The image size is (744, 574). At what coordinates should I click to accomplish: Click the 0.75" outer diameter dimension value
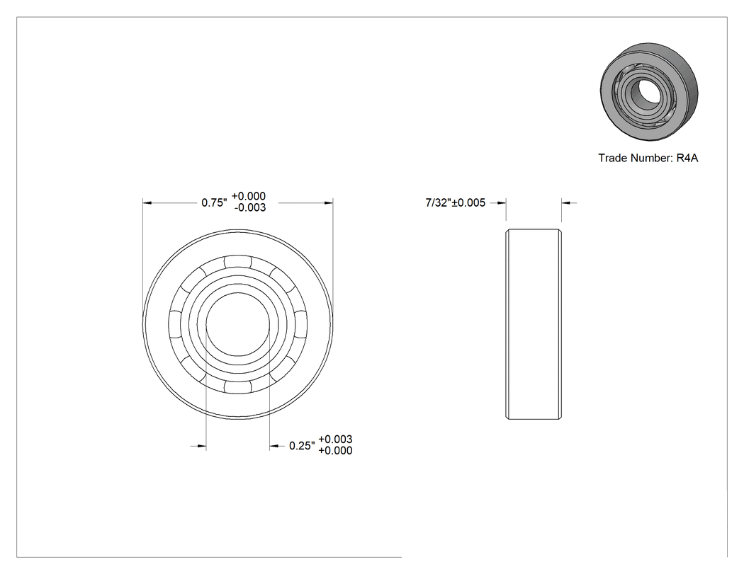(x=214, y=202)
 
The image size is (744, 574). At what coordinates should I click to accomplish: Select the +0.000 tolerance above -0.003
(x=249, y=196)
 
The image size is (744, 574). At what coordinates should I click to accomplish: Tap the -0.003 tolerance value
(x=250, y=207)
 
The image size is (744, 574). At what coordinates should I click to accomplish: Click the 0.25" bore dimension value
(x=302, y=446)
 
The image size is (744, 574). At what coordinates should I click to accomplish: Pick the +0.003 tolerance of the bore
(x=335, y=440)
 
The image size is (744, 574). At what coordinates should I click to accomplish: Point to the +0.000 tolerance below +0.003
(x=335, y=451)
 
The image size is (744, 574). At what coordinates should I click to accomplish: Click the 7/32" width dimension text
(x=438, y=202)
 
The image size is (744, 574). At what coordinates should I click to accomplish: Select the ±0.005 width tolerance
(x=469, y=202)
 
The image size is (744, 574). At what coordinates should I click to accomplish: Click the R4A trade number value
(x=687, y=158)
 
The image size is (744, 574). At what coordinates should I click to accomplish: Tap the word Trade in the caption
(x=611, y=158)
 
